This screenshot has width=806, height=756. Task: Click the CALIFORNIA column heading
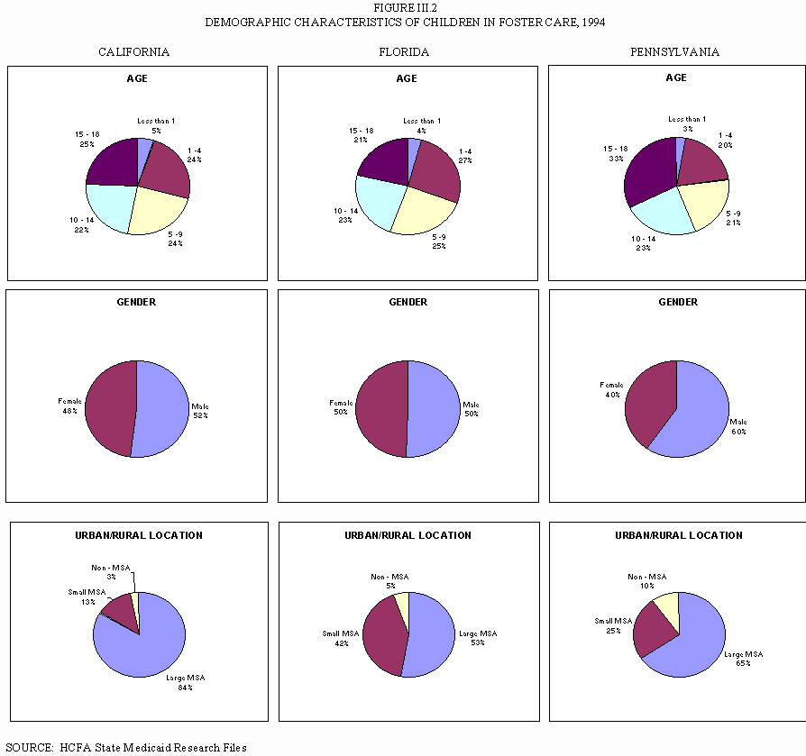133,52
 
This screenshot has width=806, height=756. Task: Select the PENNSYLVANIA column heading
674,52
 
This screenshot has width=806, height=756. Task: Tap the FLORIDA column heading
404,52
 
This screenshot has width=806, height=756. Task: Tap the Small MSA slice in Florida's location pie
383,635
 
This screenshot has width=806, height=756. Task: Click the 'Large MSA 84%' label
185,682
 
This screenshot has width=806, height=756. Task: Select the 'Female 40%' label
612,389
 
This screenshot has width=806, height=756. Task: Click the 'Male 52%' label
200,411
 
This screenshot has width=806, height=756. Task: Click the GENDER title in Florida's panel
408,302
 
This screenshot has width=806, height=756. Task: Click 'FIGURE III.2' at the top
403,7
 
